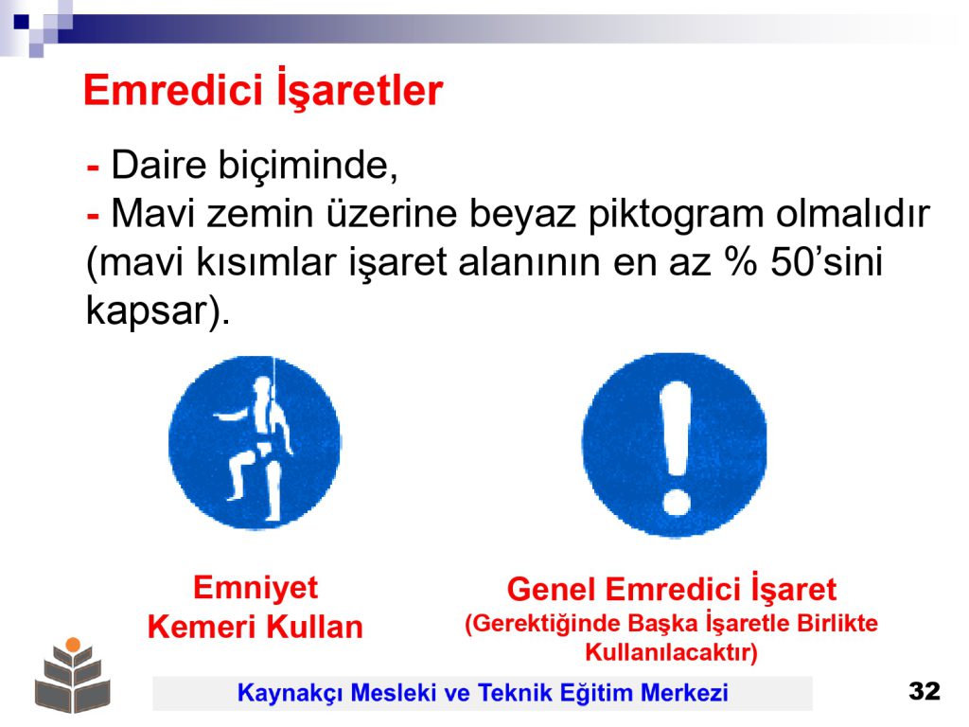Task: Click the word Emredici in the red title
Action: tap(174, 90)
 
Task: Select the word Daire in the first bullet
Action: tap(159, 165)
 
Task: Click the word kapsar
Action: tap(147, 310)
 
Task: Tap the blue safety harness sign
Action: tap(254, 443)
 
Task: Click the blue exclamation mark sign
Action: tap(674, 445)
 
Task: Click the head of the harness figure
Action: tap(262, 388)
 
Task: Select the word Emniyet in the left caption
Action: tap(255, 587)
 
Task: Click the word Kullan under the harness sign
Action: tap(314, 627)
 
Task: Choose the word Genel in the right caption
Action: tap(552, 589)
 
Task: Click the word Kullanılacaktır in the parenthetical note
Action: tap(671, 652)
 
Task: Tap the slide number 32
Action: tap(925, 690)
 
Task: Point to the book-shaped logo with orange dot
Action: tap(73, 675)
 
